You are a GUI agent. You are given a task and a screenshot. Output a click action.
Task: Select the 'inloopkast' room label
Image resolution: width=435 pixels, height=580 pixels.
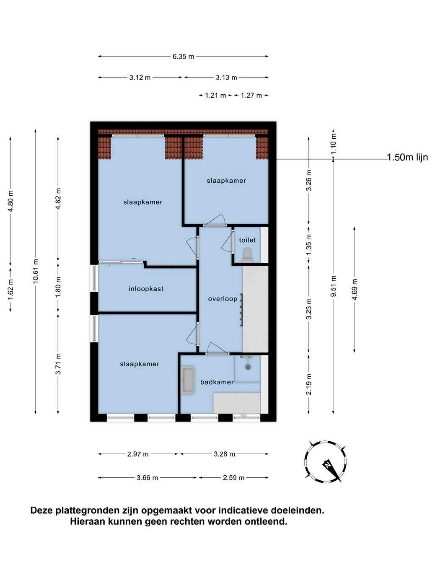pyautogui.click(x=146, y=289)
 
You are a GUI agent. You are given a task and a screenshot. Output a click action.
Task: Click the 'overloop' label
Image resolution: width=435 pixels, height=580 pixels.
pyautogui.click(x=223, y=299)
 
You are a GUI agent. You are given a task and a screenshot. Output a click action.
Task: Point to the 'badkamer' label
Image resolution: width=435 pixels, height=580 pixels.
pyautogui.click(x=217, y=382)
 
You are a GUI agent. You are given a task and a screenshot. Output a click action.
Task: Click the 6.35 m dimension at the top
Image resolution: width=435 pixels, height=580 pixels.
pyautogui.click(x=183, y=57)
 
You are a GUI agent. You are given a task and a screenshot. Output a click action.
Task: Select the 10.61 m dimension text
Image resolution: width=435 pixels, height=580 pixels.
pyautogui.click(x=36, y=272)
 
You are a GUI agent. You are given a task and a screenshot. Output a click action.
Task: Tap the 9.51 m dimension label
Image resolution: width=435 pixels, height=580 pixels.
pyautogui.click(x=333, y=286)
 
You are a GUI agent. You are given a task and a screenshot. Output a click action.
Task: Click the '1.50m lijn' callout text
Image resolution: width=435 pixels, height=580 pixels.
pyautogui.click(x=407, y=158)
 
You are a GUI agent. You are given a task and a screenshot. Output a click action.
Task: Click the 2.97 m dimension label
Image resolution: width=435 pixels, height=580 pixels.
pyautogui.click(x=138, y=454)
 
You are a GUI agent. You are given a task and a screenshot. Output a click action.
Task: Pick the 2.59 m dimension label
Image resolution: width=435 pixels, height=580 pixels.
pyautogui.click(x=233, y=478)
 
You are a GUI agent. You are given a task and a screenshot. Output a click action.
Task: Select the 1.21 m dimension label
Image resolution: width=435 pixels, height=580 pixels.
pyautogui.click(x=215, y=96)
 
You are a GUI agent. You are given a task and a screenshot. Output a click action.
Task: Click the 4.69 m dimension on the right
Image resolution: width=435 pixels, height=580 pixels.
pyautogui.click(x=355, y=289)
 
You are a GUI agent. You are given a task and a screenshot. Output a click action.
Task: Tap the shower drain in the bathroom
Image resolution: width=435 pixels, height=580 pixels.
pyautogui.click(x=248, y=367)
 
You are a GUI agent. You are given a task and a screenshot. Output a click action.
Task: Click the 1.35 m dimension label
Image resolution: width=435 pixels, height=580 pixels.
pyautogui.click(x=309, y=245)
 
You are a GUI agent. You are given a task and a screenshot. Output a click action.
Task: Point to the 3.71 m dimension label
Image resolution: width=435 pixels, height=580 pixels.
pyautogui.click(x=58, y=364)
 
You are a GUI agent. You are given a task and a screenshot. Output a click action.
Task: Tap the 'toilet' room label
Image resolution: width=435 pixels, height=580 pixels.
pyautogui.click(x=247, y=240)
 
